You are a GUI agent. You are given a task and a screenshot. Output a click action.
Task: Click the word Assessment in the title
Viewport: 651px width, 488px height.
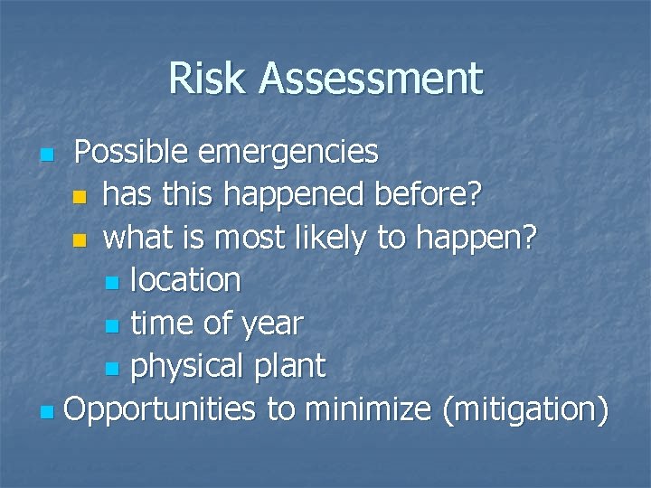[x=371, y=78]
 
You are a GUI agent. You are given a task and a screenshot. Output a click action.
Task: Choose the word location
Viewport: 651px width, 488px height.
[x=185, y=281]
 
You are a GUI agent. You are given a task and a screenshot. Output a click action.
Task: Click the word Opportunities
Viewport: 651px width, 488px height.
[x=160, y=409]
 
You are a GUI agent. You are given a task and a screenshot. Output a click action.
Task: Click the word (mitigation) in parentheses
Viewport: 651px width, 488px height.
[x=525, y=409]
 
